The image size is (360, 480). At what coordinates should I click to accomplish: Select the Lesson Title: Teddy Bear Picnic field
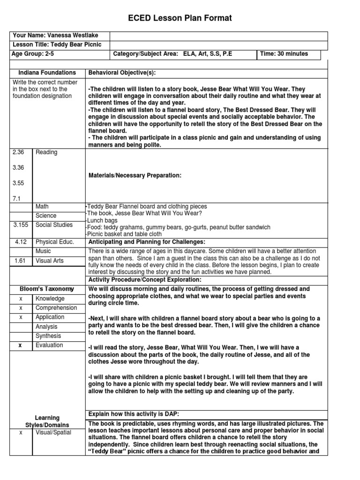pos(57,45)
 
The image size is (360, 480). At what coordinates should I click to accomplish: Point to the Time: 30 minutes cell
pos(284,54)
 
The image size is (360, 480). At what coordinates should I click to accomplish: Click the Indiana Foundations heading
pos(47,73)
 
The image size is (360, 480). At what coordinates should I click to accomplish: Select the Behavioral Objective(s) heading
pos(122,73)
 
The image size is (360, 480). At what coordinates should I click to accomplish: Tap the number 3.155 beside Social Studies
pos(21,225)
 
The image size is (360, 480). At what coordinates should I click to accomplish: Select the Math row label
pos(42,207)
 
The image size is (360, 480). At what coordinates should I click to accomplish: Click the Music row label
pos(44,251)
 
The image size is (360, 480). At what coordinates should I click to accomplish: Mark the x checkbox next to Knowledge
pos(21,299)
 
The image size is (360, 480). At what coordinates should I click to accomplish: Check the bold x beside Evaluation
pos(21,345)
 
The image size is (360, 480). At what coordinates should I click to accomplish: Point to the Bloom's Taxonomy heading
pos(47,289)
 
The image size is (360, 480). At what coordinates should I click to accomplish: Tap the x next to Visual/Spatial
pos(21,433)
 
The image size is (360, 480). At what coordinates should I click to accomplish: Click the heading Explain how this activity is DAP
pos(134,413)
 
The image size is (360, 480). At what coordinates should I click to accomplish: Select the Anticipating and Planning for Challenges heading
pos(147,242)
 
